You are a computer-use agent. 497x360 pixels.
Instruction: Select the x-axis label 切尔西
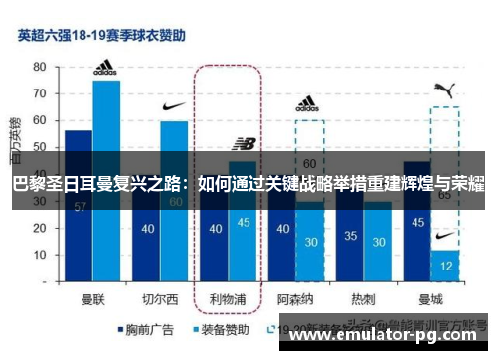pos(160,296)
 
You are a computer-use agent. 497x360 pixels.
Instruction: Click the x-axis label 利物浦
pos(228,296)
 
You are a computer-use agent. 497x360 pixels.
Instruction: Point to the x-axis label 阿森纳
pos(295,296)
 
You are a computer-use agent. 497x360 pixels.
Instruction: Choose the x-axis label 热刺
pos(363,296)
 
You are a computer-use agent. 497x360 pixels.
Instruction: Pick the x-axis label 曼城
pos(430,296)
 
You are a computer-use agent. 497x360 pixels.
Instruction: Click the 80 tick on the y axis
pos(40,66)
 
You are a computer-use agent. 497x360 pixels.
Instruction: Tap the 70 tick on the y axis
pos(40,92)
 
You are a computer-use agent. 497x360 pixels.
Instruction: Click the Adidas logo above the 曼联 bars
pos(105,69)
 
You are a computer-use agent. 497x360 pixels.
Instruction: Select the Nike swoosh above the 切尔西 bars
pos(173,106)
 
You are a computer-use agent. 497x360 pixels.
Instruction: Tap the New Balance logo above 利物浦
pos(243,145)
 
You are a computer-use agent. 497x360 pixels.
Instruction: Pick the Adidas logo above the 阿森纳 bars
pos(308,103)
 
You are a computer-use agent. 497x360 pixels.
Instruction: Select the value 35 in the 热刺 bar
pos(349,237)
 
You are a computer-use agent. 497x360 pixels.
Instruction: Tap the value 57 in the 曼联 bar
pos(79,206)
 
